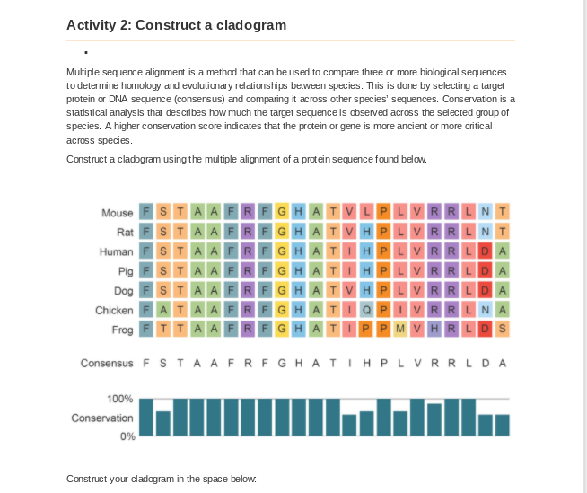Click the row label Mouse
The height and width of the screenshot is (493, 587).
pos(117,213)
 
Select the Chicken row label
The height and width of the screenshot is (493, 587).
pos(113,310)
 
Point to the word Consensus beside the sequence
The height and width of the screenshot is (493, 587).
pos(106,364)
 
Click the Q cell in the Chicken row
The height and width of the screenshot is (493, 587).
pos(366,310)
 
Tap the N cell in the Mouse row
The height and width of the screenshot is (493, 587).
pos(486,213)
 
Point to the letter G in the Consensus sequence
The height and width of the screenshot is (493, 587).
pos(282,364)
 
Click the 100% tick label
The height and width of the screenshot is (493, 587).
pos(120,399)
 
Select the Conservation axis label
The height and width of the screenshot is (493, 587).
pos(102,418)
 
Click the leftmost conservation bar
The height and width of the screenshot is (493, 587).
pos(146,418)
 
